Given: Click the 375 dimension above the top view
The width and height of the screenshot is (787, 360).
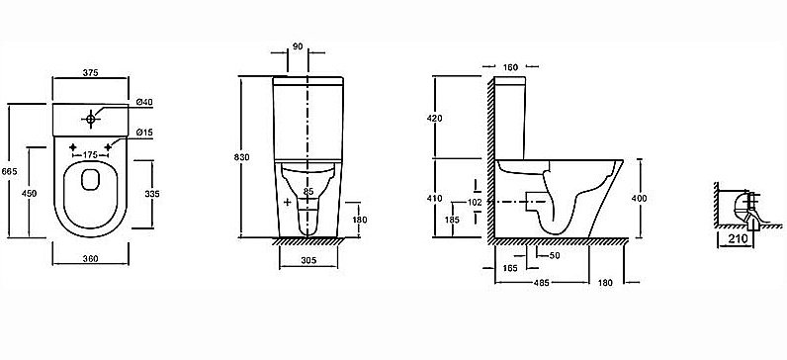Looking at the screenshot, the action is pos(90,72).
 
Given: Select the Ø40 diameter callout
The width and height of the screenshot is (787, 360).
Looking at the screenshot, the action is pos(144,103).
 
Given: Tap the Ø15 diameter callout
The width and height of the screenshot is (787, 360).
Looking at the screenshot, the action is pos(144,133).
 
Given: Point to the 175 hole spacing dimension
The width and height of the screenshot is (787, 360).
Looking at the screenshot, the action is pos(90,154).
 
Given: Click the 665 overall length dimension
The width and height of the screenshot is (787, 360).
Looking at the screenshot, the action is pos(10,171).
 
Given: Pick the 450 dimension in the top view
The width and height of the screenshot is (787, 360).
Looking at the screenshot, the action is pos(30,193).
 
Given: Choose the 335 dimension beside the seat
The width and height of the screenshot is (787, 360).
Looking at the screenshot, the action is pos(152,194).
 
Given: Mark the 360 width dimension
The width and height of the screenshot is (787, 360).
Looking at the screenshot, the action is pos(90,258).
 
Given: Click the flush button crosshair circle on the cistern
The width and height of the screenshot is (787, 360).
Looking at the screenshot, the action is pos(90,119).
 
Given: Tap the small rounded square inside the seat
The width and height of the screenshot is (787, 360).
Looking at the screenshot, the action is pos(90,179).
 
